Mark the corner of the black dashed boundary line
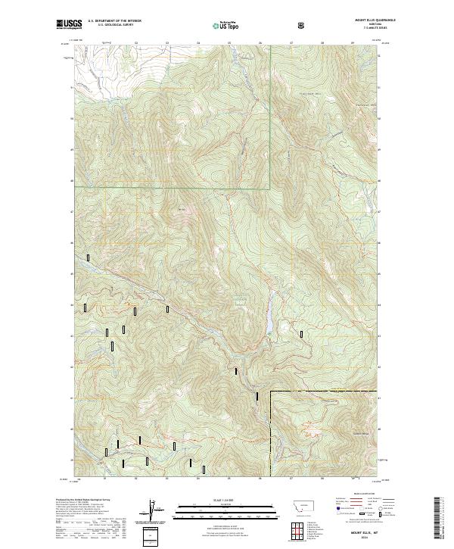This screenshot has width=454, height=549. click(x=271, y=391)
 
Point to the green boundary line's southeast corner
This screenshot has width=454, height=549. click(x=270, y=188)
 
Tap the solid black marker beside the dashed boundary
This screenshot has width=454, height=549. click(x=257, y=395)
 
